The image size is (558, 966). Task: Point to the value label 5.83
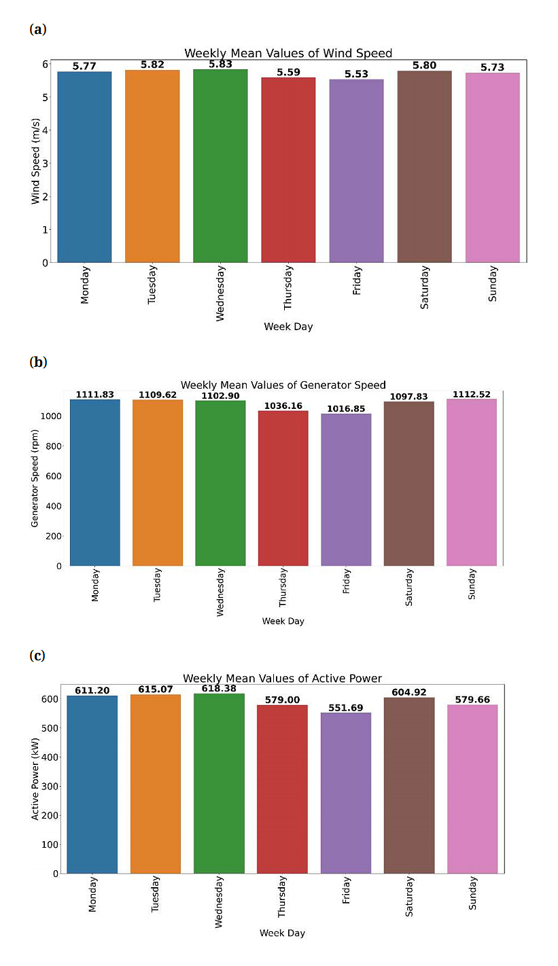220,64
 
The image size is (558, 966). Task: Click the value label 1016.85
347,408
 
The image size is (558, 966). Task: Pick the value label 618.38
219,688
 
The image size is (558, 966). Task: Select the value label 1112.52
472,394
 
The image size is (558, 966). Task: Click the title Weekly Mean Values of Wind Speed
288,53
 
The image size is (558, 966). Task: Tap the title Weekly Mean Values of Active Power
282,678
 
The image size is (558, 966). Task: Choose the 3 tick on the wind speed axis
45,163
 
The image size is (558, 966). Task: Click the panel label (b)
38,362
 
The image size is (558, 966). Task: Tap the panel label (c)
38,656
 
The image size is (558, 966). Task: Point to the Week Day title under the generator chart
283,621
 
